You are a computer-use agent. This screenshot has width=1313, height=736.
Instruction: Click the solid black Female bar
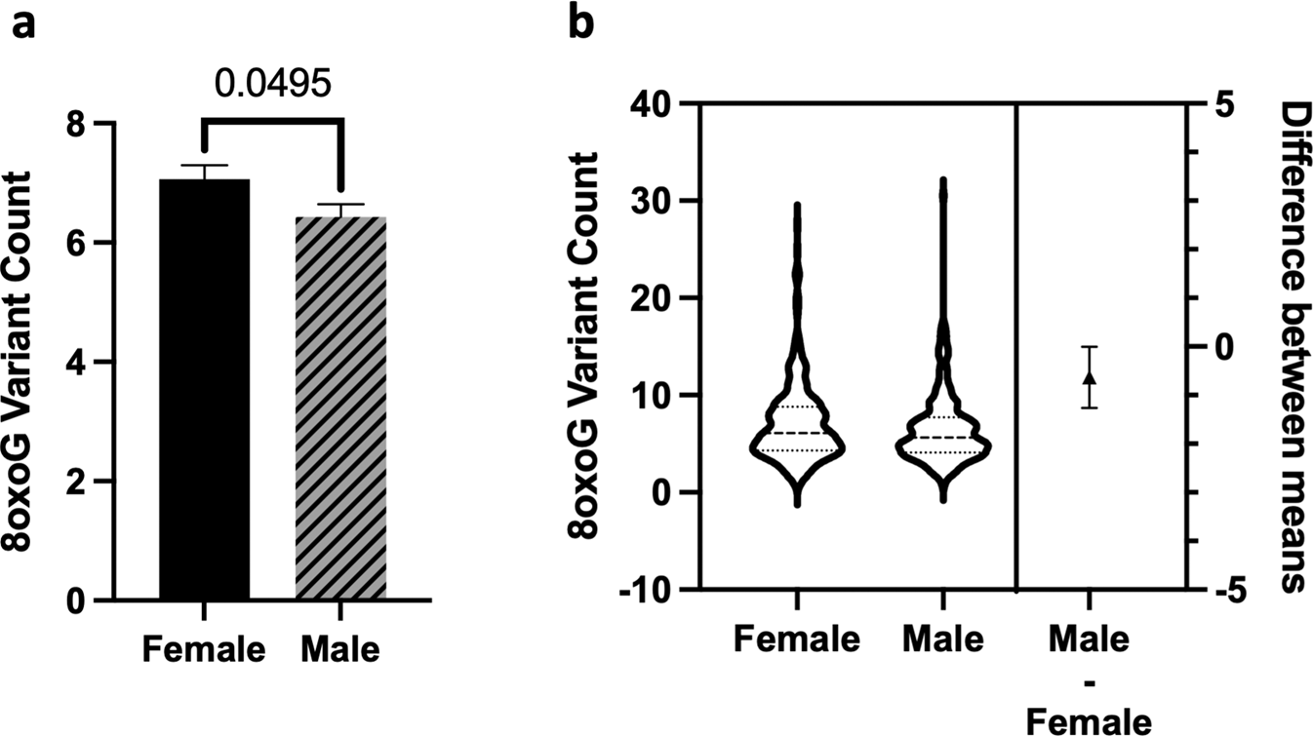click(205, 390)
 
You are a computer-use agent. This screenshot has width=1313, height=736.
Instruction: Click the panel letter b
click(582, 23)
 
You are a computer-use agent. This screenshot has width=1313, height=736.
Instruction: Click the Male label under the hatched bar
click(339, 648)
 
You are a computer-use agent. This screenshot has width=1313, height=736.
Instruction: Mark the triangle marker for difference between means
click(1090, 377)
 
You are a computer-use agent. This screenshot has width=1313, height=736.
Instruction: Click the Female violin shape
click(797, 448)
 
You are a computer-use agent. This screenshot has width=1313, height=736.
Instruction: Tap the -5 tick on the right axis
click(1214, 590)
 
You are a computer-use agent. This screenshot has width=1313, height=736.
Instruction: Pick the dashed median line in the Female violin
click(797, 432)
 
